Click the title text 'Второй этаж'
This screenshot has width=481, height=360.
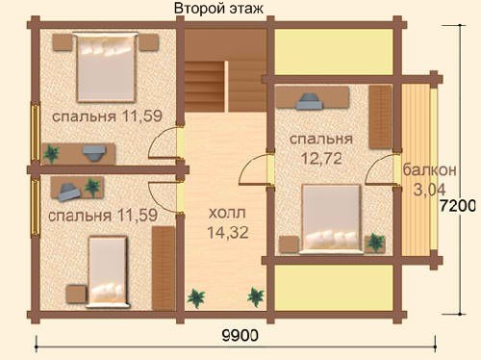218,9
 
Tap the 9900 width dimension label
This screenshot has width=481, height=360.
240,336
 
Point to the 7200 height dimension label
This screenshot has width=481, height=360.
457,206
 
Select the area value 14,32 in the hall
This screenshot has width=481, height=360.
228,233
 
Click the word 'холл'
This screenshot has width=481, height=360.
227,213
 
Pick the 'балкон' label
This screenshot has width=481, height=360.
429,169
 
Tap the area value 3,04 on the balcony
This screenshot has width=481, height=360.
430,190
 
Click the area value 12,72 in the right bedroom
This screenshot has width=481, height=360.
321,159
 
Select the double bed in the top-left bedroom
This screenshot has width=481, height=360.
106,66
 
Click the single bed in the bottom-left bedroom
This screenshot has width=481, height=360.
108,271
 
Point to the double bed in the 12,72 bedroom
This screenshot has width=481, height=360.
332,219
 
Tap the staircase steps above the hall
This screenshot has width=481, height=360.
205,86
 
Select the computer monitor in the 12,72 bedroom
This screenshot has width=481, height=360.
310,101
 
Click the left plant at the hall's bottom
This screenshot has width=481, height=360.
196,297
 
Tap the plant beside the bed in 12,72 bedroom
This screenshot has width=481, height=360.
375,242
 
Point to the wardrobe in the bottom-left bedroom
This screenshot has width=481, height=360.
164,269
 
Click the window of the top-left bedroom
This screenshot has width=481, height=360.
36,132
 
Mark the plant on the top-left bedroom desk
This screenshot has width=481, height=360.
51,154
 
